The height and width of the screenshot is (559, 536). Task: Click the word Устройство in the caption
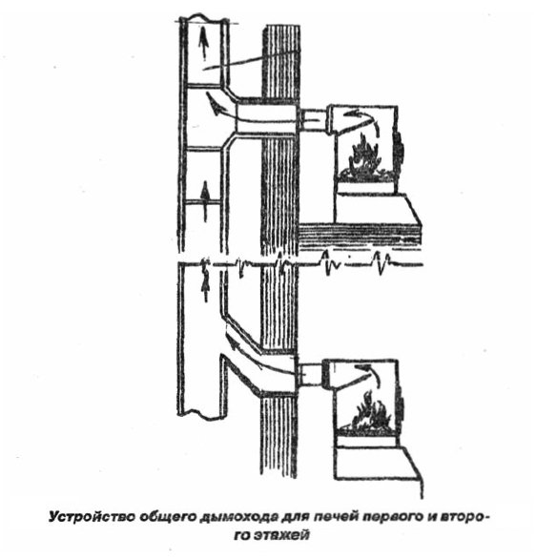(92, 517)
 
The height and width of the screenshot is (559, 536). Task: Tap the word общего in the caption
(168, 518)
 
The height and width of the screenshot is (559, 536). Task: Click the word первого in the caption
(392, 518)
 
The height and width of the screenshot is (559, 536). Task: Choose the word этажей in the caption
(282, 535)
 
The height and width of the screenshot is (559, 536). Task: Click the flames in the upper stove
(366, 156)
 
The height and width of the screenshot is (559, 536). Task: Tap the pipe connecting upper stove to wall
(313, 120)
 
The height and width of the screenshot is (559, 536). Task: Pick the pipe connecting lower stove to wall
(310, 375)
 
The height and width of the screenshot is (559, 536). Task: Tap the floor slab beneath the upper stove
(360, 236)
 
